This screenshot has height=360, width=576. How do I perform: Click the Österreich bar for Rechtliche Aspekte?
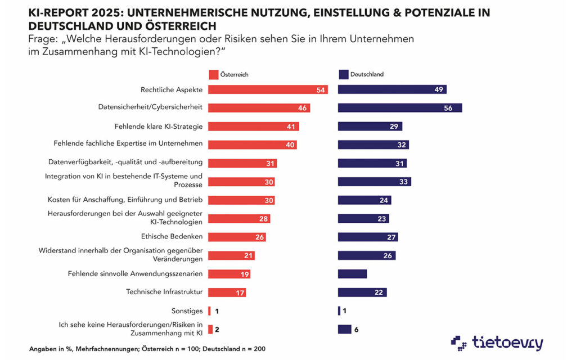point(268,89)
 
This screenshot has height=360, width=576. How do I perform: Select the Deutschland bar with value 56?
point(399,107)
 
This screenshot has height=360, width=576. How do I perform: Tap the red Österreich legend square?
point(213,74)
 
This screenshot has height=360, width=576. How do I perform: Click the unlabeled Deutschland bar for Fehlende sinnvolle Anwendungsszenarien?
point(352,274)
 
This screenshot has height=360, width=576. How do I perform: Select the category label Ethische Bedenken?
point(172,237)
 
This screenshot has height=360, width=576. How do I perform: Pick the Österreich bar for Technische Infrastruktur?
point(227,292)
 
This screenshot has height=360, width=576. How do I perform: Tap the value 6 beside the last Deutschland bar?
point(356,330)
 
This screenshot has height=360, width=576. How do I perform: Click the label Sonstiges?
point(187,310)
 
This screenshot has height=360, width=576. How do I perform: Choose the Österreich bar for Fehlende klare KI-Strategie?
point(253,127)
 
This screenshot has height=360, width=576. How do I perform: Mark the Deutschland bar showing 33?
point(374,182)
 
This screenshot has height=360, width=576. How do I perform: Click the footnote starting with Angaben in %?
point(147,349)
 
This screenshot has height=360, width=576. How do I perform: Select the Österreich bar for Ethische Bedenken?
point(237,237)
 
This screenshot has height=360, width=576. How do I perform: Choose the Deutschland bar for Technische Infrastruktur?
point(362,292)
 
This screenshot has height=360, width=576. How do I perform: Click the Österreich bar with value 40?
point(252,145)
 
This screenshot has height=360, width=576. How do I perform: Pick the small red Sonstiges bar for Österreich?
point(209,310)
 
